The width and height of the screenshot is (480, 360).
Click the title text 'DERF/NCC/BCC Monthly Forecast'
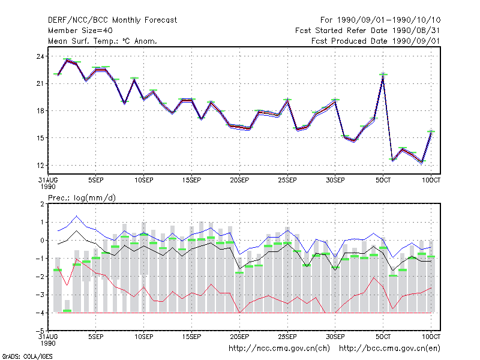pos(112,20)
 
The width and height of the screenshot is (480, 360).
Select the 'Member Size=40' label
pos(80,31)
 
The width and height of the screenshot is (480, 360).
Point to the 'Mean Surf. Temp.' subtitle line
pos(103,41)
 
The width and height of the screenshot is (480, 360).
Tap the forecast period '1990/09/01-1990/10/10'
pos(389,20)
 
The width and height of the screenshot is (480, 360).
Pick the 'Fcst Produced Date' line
pos(376,41)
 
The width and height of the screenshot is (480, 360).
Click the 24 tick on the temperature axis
pos(40,56)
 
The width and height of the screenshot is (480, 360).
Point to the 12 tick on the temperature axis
pos(40,166)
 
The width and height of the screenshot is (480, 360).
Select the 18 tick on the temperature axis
pos(40,111)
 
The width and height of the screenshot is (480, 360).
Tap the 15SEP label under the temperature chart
pos(191,180)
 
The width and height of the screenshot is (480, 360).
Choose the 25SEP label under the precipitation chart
pos(287,337)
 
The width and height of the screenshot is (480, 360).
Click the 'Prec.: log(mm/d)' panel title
pos(82,198)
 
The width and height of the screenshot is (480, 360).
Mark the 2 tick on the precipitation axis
pos(42,204)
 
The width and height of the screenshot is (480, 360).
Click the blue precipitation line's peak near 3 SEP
pos(77,216)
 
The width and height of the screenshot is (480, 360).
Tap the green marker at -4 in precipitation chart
pos(67,311)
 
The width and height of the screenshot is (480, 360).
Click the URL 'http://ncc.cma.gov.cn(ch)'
pos(279,349)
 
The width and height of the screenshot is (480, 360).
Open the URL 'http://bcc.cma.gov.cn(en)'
pos(389,349)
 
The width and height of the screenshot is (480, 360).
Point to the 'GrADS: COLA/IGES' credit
pos(27,356)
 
